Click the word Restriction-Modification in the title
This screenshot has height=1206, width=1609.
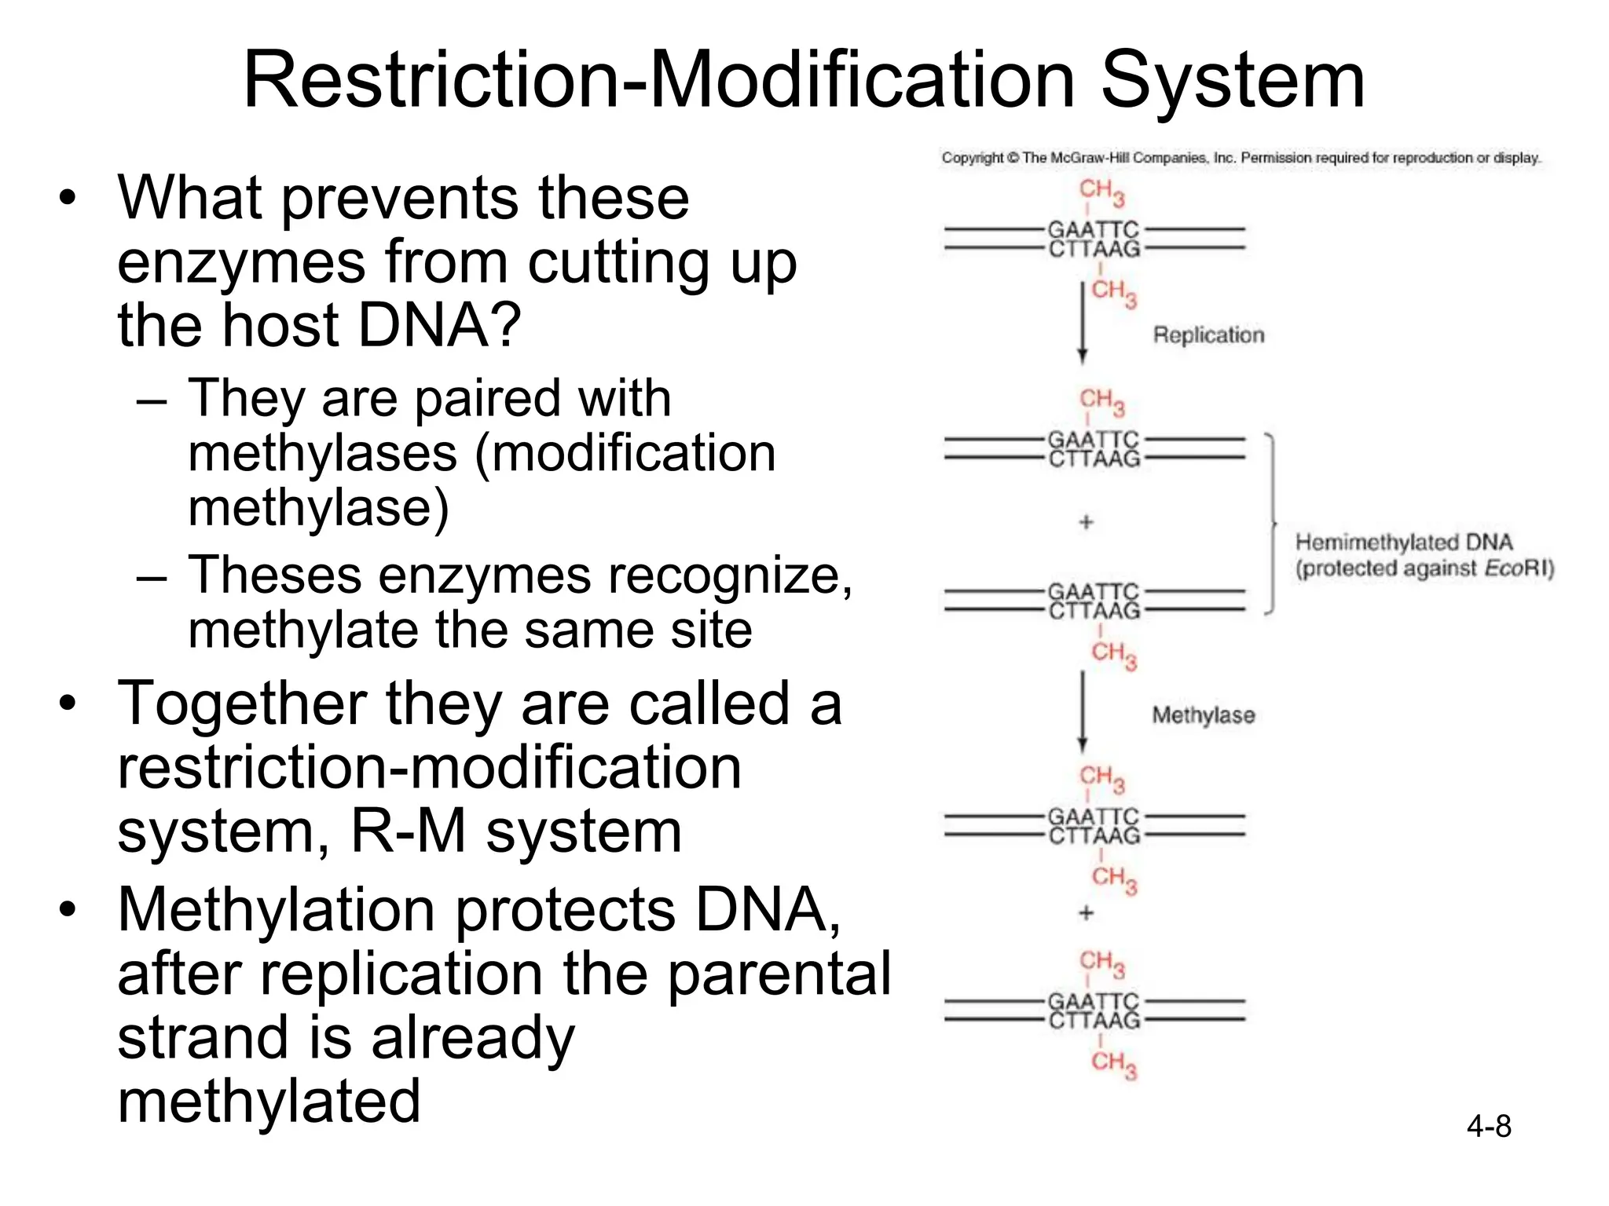pos(658,80)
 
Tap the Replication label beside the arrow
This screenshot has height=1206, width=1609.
pos(1208,335)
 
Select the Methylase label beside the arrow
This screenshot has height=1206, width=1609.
pos(1203,715)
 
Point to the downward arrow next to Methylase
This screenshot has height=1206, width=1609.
pos(1082,711)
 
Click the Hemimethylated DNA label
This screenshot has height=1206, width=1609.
pos(1403,543)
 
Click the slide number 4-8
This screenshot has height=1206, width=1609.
pos(1488,1127)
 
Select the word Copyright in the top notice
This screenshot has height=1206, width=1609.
pos(972,158)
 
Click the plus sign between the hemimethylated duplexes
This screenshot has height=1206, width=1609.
pos(1086,522)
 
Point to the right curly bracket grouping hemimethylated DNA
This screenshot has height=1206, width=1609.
pos(1270,522)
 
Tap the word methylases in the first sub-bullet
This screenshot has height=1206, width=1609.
pos(322,454)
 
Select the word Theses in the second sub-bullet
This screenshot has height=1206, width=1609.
pos(274,576)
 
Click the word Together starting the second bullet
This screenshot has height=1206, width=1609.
pos(241,703)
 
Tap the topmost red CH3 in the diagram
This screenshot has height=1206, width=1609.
pos(1101,192)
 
